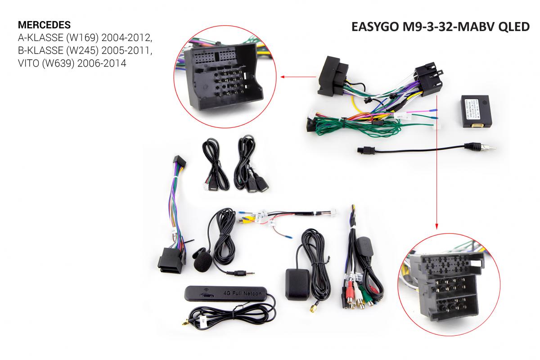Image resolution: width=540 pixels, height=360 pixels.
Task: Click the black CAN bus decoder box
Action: [x=477, y=112]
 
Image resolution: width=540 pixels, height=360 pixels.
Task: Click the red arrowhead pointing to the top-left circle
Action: [x=283, y=77]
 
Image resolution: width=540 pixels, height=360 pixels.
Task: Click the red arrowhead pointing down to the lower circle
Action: [x=436, y=226]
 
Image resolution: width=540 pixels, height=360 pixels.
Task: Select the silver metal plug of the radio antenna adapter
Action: [x=486, y=146]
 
